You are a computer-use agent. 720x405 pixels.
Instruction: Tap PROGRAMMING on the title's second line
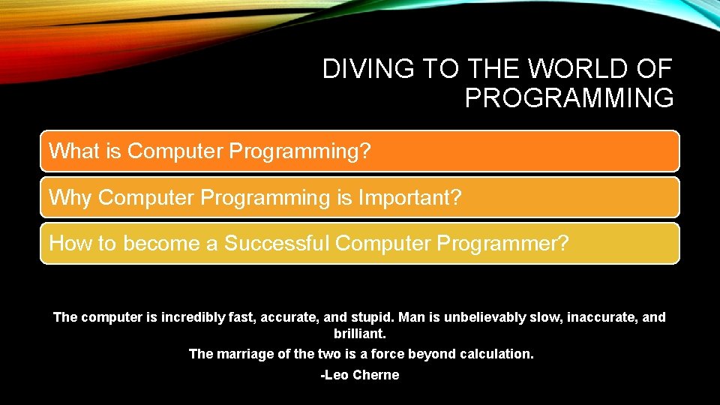click(x=568, y=98)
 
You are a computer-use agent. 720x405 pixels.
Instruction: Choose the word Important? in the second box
click(x=410, y=198)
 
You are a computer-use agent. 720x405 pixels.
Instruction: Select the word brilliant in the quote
click(x=359, y=334)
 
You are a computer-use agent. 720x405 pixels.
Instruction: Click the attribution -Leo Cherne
click(x=359, y=375)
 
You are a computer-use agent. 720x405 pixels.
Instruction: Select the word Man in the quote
click(x=412, y=317)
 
